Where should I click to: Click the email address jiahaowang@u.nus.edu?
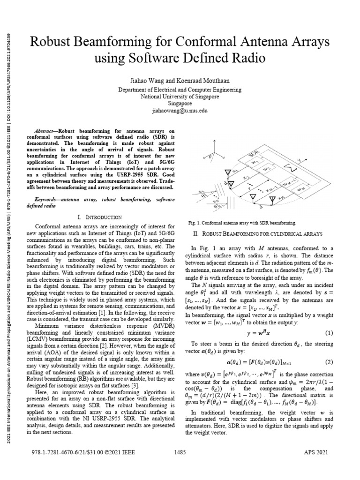(x=180, y=111)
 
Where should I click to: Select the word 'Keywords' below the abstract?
(x=48, y=199)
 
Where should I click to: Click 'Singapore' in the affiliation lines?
(x=180, y=104)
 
